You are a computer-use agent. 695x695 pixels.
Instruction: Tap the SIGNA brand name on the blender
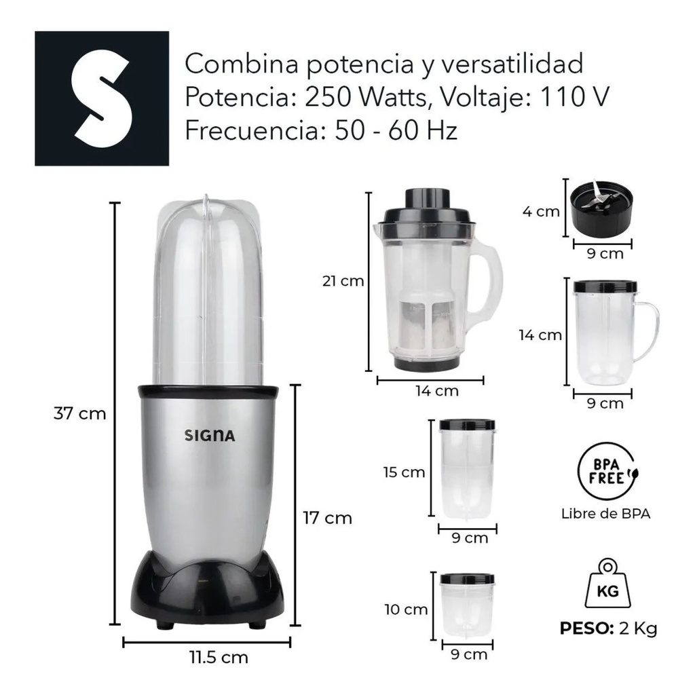(210, 436)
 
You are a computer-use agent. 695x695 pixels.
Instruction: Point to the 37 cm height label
(80, 413)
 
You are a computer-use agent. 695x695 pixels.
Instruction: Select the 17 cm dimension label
(327, 518)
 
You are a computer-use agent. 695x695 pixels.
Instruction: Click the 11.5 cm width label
(219, 657)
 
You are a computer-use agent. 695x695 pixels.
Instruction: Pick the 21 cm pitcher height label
(343, 281)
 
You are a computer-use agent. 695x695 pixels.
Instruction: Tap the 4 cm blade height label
(541, 212)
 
